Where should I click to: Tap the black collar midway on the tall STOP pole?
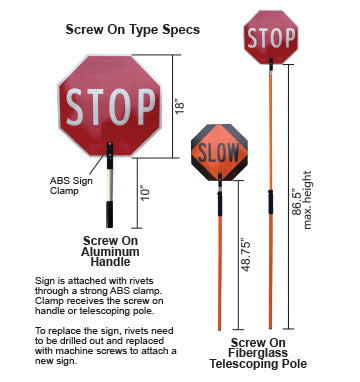tap(270, 200)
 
